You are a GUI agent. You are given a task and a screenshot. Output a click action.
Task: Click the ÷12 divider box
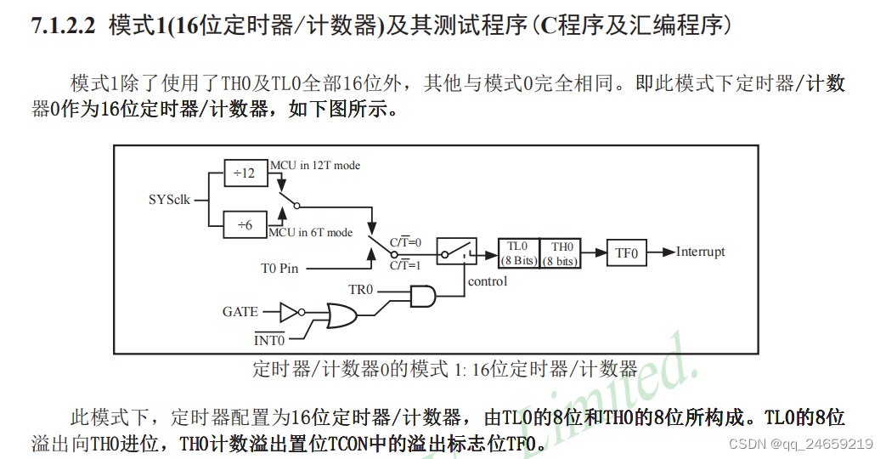[245, 173]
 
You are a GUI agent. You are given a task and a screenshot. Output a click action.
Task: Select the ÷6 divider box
[245, 224]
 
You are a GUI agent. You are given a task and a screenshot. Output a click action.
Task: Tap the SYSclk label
[169, 201]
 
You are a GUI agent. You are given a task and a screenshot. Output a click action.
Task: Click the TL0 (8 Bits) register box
[518, 253]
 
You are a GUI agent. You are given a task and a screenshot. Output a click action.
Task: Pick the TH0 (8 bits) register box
[561, 253]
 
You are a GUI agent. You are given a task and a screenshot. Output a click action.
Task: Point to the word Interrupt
[701, 252]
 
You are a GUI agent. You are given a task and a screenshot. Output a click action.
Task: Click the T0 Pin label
[279, 269]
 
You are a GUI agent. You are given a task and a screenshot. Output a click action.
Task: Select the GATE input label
[240, 312]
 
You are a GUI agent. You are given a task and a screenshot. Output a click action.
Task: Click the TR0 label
[361, 290]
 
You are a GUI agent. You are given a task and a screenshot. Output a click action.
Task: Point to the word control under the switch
[488, 281]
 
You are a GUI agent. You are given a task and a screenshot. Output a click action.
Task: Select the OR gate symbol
[341, 318]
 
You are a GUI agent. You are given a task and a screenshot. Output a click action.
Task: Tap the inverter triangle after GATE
[290, 312]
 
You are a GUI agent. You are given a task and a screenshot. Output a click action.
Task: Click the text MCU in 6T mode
[311, 232]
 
